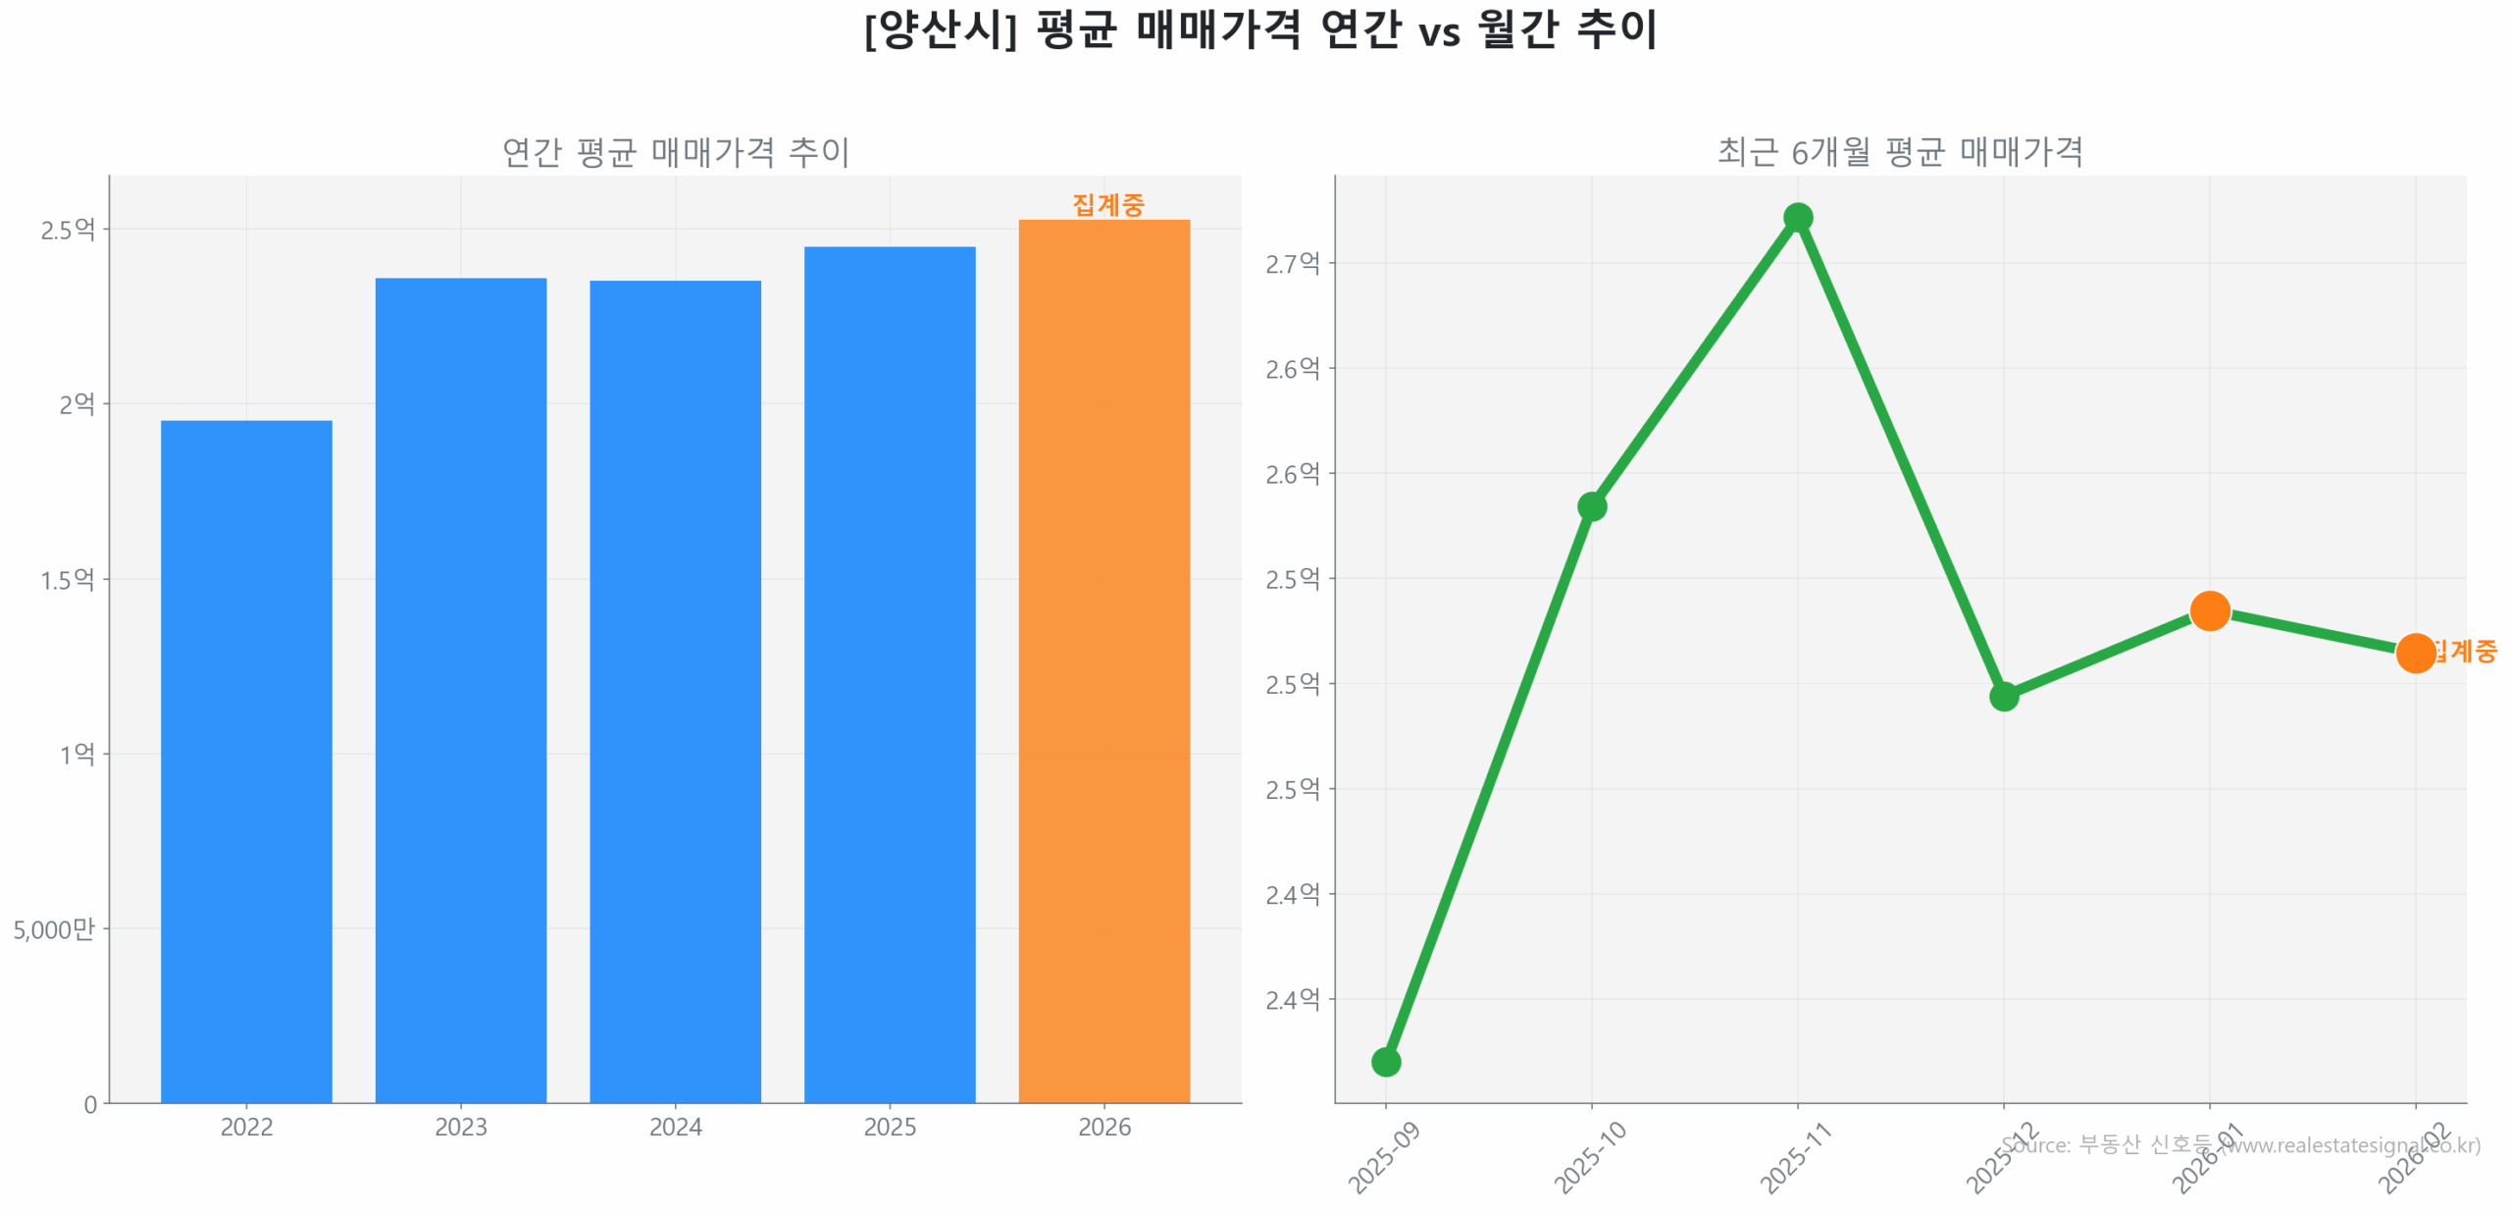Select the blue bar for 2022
(x=246, y=761)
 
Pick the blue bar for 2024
(x=675, y=691)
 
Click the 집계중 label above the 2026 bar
(x=1107, y=204)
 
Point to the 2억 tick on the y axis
(x=77, y=404)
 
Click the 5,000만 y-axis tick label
(x=54, y=928)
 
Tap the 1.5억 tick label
(x=67, y=579)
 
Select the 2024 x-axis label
(x=675, y=1127)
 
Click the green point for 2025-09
(x=1385, y=1061)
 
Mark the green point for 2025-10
(x=1591, y=506)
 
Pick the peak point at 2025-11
(x=1797, y=217)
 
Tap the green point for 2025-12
(x=2003, y=696)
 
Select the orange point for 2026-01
(x=2209, y=610)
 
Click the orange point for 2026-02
(x=2415, y=653)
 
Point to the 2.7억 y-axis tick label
(x=1292, y=263)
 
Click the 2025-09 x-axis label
(x=1384, y=1158)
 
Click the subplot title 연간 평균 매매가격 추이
(x=675, y=152)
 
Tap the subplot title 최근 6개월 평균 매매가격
(x=1899, y=152)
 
